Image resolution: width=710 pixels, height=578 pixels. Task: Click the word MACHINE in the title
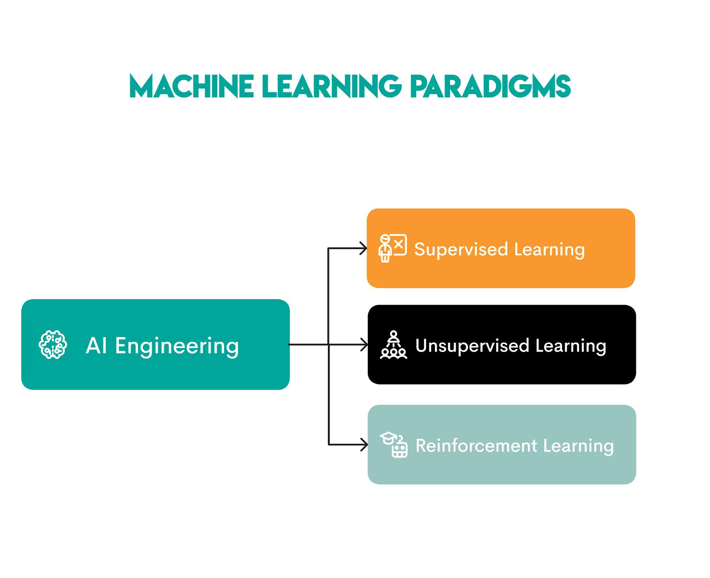coord(191,86)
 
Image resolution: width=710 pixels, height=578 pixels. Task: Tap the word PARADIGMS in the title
coord(490,86)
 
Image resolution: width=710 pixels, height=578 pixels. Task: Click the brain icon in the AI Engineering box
coord(53,344)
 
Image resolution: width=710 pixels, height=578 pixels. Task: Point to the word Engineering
coord(177,346)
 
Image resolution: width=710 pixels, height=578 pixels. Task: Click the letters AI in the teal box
coord(96,345)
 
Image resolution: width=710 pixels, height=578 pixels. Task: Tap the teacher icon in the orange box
coord(392,248)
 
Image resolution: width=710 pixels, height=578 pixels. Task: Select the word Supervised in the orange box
coord(461,249)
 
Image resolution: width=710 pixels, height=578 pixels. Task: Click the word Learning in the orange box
coord(549,249)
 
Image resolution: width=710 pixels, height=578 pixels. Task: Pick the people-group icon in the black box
coord(393,345)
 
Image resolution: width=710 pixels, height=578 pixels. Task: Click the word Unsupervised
coord(472,345)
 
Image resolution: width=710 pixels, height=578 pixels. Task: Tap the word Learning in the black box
coord(571,346)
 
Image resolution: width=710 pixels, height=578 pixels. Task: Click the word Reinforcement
coord(476,445)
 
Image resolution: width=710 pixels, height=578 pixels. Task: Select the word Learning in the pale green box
coord(578,446)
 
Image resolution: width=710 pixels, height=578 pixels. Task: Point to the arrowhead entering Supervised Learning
coord(364,248)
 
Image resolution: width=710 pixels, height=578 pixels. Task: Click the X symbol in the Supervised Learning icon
coord(398,244)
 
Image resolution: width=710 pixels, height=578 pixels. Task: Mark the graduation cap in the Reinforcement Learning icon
coord(388,438)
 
